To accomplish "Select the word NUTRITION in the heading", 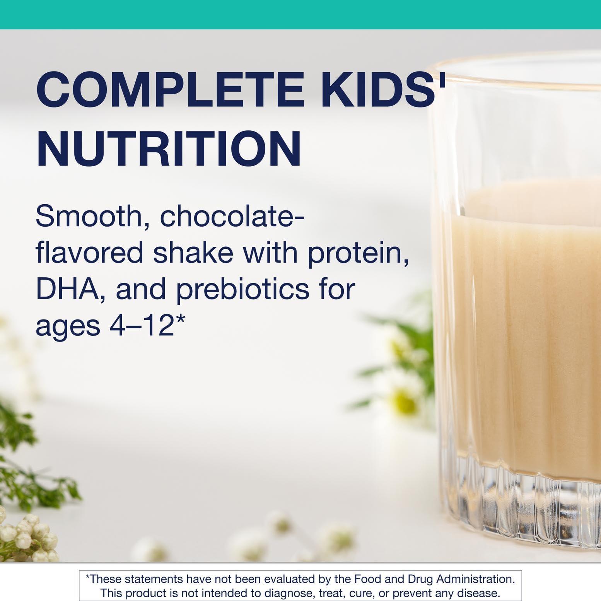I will (169, 149).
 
